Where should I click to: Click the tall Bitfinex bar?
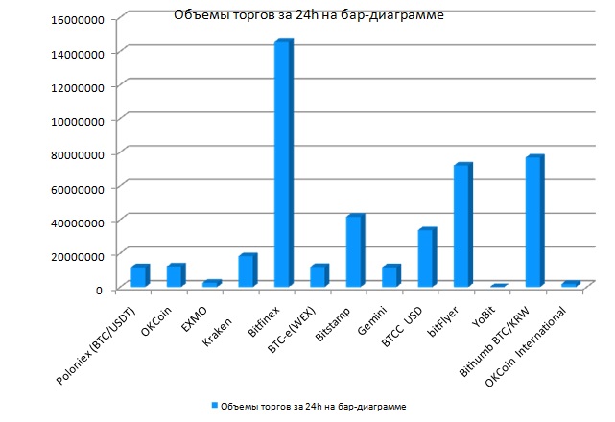[282, 165]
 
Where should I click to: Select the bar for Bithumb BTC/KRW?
[533, 222]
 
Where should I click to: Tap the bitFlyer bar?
[461, 226]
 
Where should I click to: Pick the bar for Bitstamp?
[354, 252]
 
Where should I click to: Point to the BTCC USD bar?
[426, 258]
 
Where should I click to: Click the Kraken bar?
[247, 271]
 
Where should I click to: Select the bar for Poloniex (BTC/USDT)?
[139, 275]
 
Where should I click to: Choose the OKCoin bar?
[175, 275]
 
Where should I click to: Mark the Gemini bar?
[390, 276]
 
